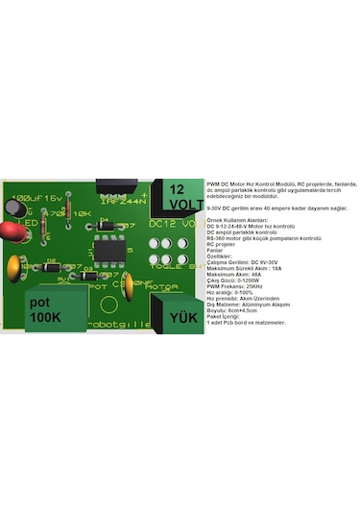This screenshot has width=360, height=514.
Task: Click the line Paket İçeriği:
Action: click(225, 316)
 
